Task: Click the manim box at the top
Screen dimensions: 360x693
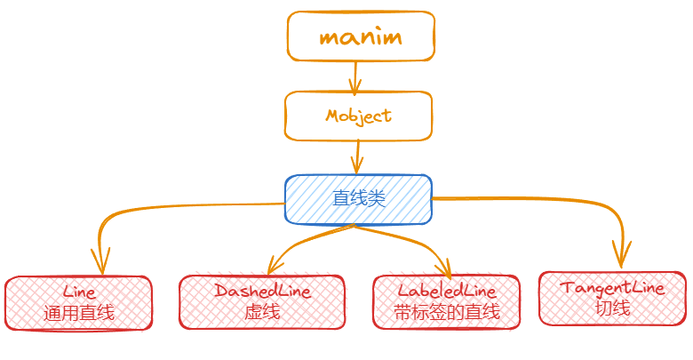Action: coord(360,37)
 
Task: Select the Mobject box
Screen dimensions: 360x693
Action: coord(358,116)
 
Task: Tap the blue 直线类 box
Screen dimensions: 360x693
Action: coord(358,198)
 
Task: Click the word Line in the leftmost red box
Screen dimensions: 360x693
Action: coord(79,292)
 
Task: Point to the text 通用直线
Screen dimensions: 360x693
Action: coord(79,312)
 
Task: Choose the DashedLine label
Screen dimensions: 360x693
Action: coord(262,291)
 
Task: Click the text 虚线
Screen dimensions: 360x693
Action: coord(262,312)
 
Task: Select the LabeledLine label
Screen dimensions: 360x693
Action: coord(447,291)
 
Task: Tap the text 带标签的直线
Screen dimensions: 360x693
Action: coord(447,312)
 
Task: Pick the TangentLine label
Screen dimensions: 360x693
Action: coord(613,288)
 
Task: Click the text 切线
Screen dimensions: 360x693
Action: coord(613,308)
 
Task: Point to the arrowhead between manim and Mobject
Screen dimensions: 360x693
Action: coord(356,87)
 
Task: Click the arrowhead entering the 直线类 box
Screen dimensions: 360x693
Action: coord(357,166)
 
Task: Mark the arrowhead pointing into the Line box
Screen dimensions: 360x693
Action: coord(100,265)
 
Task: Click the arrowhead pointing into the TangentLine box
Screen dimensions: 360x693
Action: coord(622,259)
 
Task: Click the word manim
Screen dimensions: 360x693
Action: coord(360,37)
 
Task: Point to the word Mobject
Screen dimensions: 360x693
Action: coord(358,116)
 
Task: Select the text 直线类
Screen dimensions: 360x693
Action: coord(358,198)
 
